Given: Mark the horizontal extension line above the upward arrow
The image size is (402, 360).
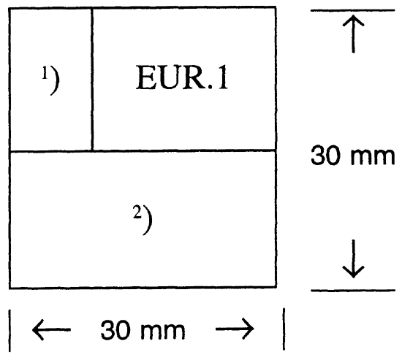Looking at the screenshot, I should pyautogui.click(x=354, y=10).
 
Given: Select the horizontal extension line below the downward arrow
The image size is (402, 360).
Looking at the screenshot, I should pyautogui.click(x=354, y=290).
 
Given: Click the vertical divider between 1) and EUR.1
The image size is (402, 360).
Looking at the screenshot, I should pyautogui.click(x=92, y=79).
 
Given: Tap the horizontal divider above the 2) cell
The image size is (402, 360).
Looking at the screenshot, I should pyautogui.click(x=143, y=151).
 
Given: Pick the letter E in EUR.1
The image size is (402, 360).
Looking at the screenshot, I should pyautogui.click(x=145, y=79).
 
